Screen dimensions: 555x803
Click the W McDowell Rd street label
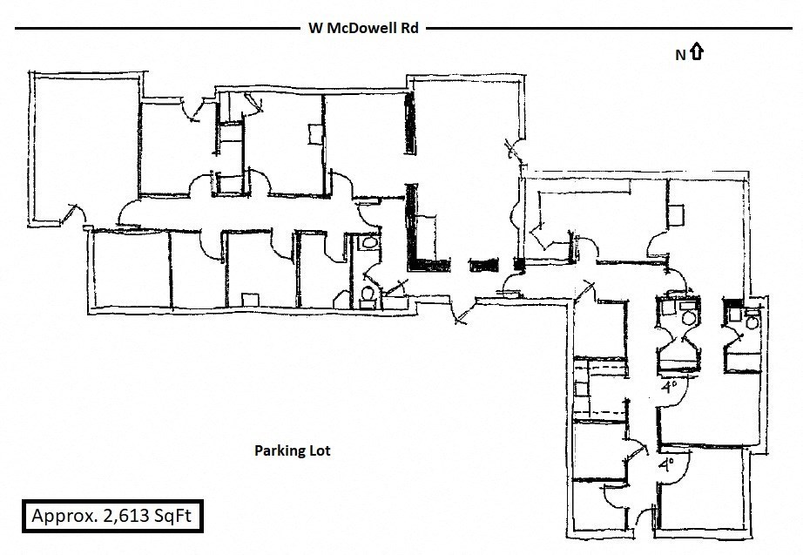click(363, 28)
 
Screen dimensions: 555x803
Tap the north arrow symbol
click(697, 52)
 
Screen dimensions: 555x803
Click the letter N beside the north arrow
click(680, 55)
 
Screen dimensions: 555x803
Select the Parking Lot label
click(292, 450)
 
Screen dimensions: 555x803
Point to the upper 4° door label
click(669, 386)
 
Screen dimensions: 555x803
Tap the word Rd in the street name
click(409, 28)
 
